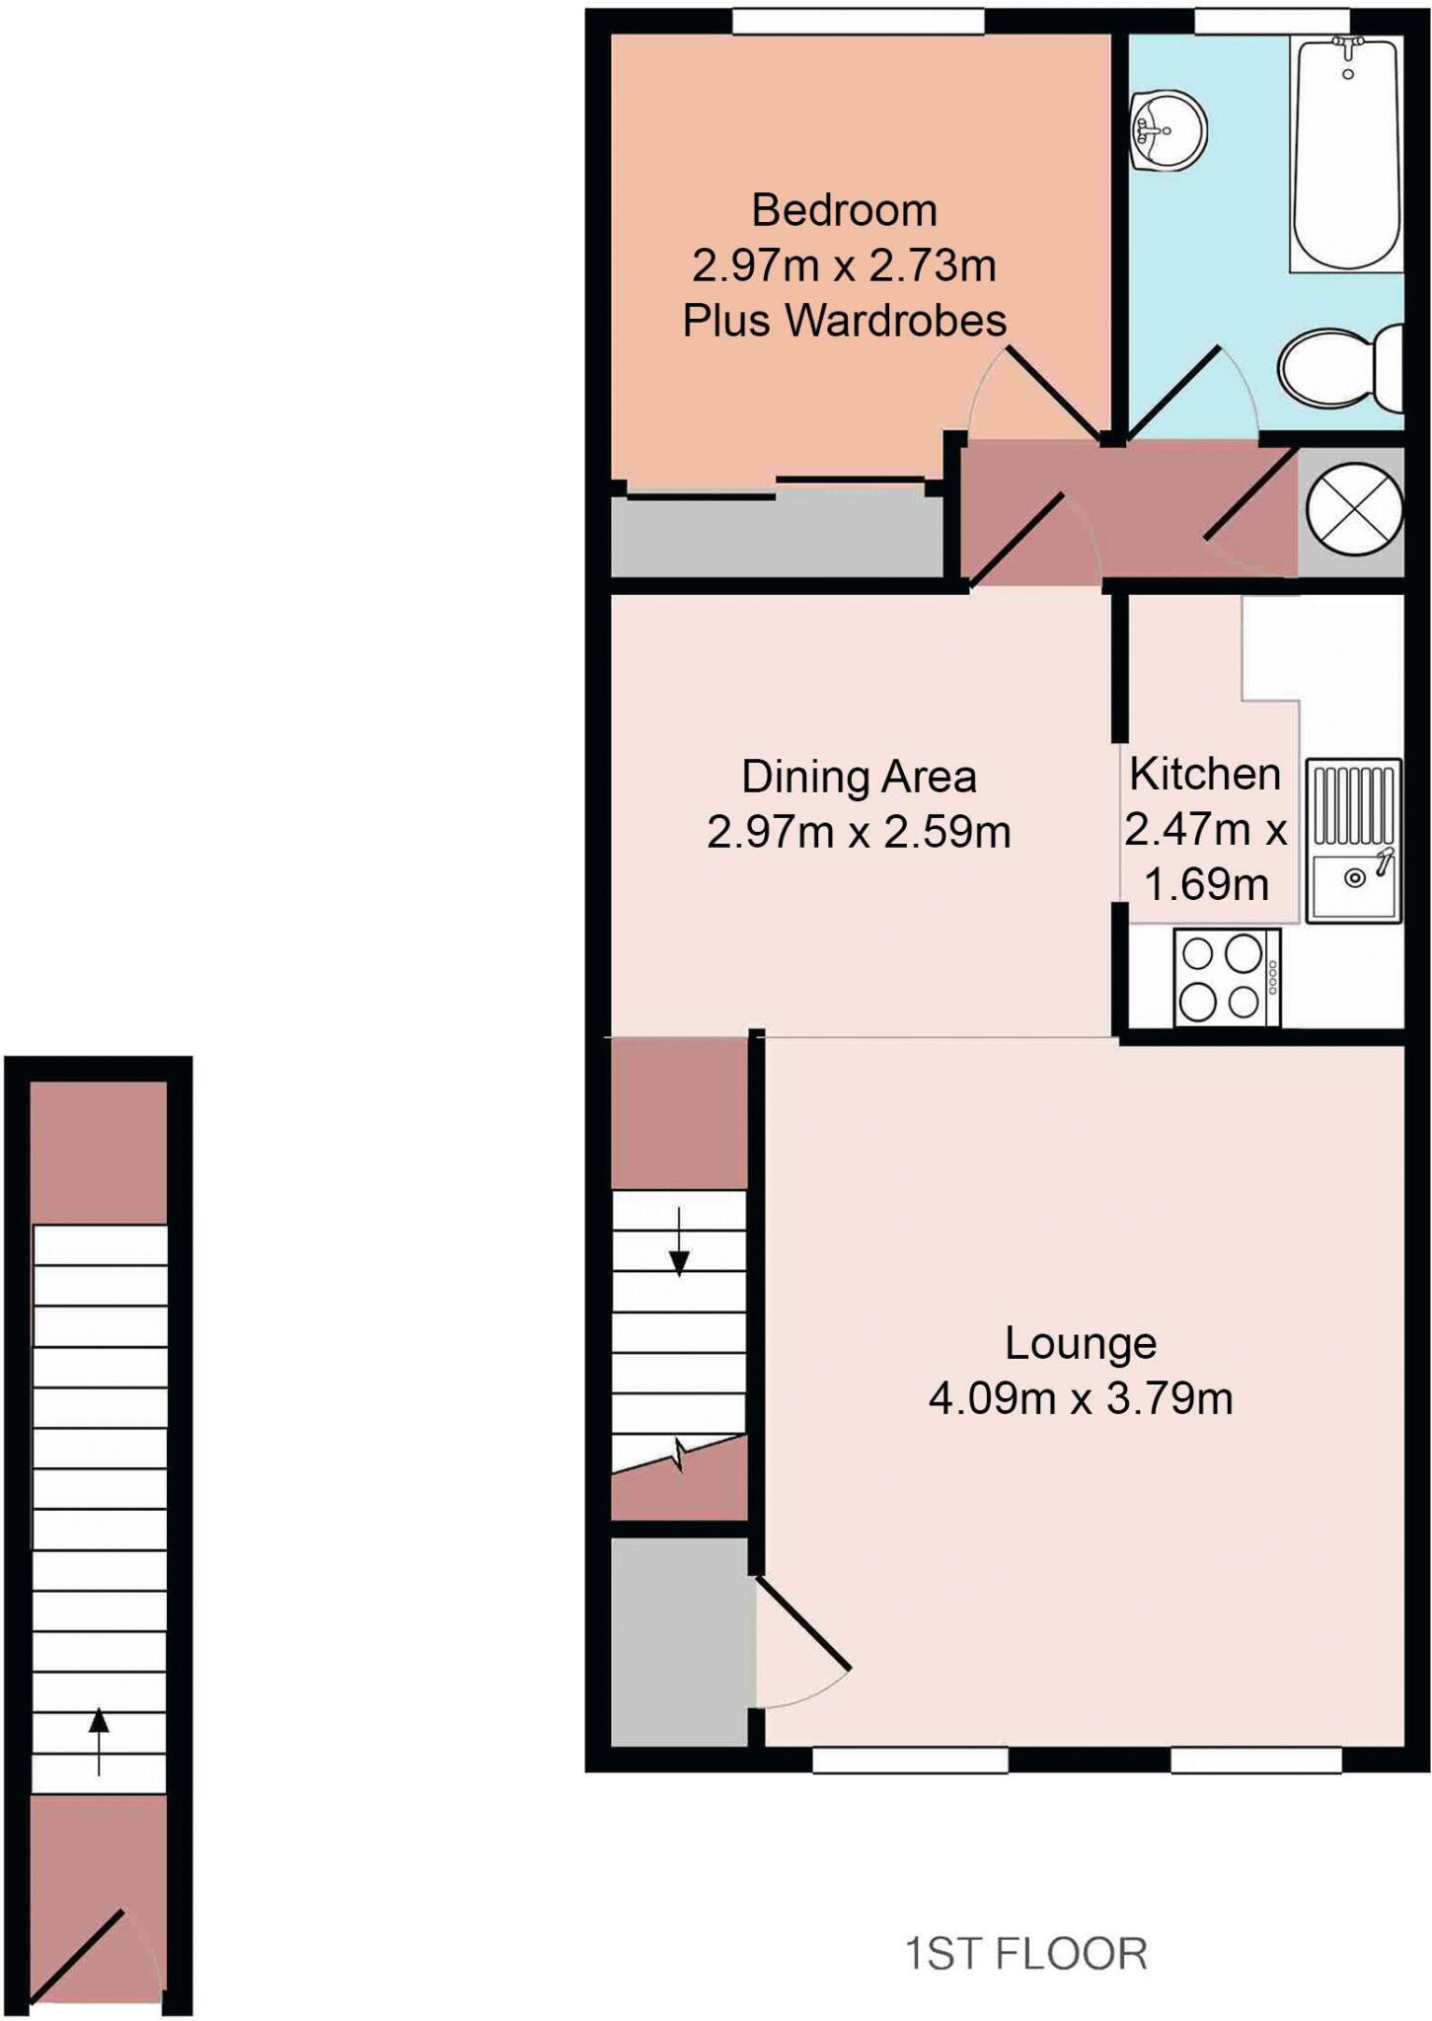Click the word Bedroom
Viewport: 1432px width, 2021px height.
point(844,210)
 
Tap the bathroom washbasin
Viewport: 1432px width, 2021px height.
point(1168,130)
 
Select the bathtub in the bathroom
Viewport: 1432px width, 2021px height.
point(1346,153)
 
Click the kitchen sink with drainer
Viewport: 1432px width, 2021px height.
point(1353,841)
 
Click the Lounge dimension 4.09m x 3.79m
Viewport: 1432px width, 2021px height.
point(1081,1399)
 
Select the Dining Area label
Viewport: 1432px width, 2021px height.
point(859,778)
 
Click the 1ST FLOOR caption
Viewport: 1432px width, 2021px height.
point(1026,1954)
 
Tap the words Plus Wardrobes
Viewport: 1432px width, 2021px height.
point(844,321)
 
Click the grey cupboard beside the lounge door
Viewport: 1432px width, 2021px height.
point(678,1642)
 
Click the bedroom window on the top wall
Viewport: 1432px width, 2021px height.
point(858,21)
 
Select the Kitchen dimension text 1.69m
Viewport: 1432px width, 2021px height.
point(1206,884)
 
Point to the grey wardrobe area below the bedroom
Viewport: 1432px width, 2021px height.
point(775,538)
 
